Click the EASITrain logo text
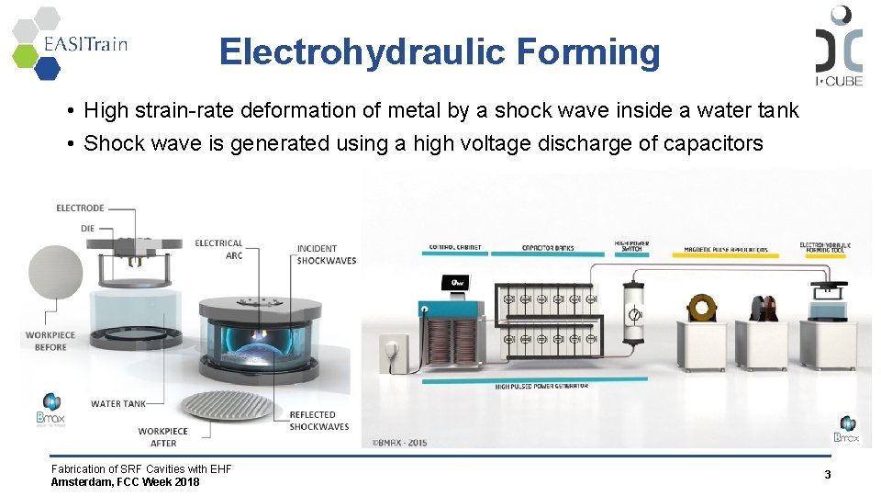coord(84,43)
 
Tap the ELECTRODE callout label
coord(80,208)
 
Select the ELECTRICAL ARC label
coord(219,249)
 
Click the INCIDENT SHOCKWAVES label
coord(326,254)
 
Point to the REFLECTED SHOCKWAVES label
coord(318,421)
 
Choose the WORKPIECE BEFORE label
coord(50,342)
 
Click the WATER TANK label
coord(117,403)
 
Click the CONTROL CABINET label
coord(455,248)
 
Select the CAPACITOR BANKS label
coord(548,248)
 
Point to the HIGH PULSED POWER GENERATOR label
coord(541,387)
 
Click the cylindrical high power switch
coord(633,312)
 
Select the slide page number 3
coord(827,475)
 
